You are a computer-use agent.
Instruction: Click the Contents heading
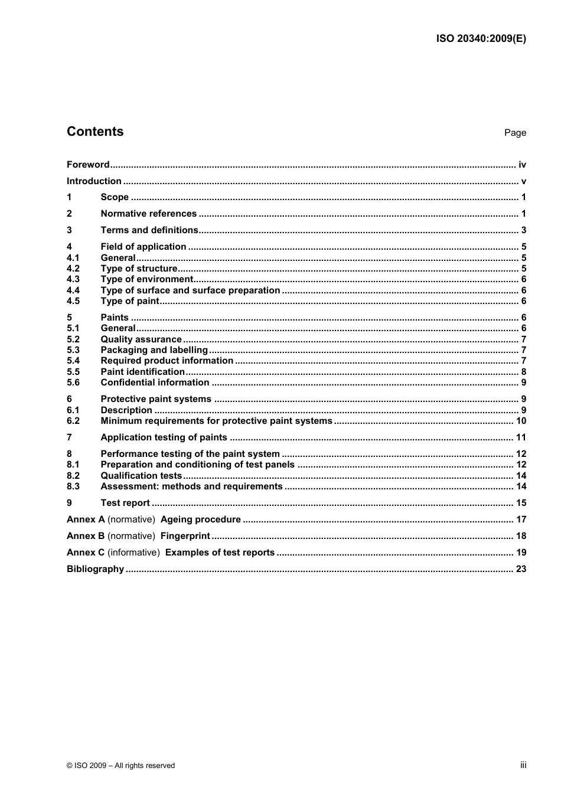(x=95, y=132)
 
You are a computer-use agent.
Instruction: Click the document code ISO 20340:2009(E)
(x=481, y=39)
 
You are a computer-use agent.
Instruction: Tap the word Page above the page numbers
(x=515, y=133)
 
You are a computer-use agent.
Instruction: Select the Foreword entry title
(x=88, y=165)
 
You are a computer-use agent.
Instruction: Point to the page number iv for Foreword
(x=522, y=165)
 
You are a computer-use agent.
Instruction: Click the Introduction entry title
(x=94, y=181)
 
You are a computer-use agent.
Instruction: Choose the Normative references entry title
(x=148, y=214)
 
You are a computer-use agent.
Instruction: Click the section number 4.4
(x=73, y=290)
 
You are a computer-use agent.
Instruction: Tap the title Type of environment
(x=146, y=279)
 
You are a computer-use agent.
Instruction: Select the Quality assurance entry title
(x=141, y=339)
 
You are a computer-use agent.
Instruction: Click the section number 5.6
(x=73, y=383)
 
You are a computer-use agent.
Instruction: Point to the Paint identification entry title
(x=142, y=372)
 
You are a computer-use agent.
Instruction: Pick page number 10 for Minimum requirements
(x=521, y=421)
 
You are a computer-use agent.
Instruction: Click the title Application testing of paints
(x=164, y=437)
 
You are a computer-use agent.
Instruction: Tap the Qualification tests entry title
(x=141, y=476)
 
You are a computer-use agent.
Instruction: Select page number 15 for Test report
(x=521, y=503)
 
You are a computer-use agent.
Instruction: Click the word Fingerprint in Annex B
(x=185, y=536)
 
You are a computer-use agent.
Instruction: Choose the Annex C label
(x=86, y=553)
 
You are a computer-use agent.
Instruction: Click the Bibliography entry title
(x=95, y=569)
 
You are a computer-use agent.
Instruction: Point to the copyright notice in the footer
(x=120, y=766)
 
